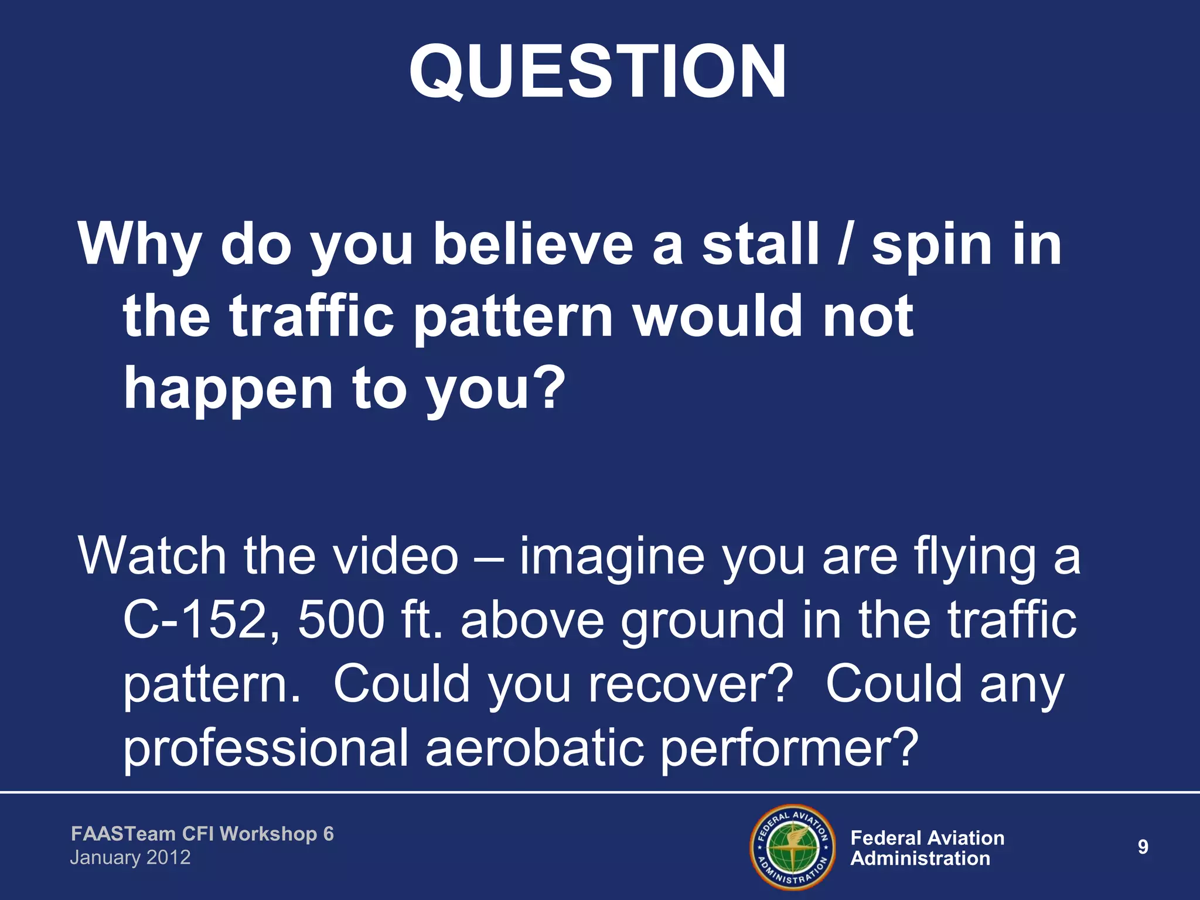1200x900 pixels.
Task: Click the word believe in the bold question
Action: coord(533,244)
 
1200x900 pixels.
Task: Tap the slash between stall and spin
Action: coord(844,244)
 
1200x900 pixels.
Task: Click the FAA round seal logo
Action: coord(793,847)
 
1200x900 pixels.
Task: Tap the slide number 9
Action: coord(1143,847)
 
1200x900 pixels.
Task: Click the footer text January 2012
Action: coord(130,858)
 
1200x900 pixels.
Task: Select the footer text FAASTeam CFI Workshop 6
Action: coord(202,834)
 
